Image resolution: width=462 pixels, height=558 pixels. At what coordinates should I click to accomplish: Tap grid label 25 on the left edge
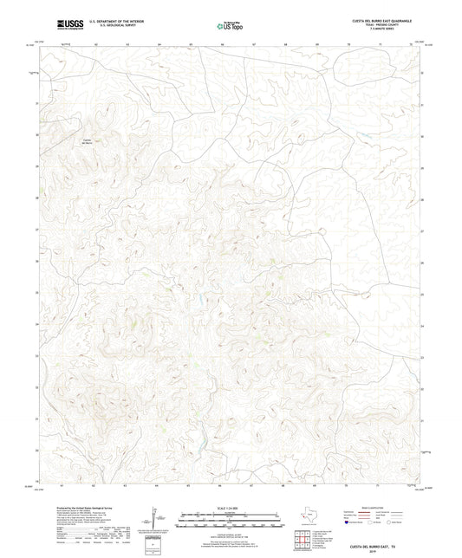[x=36, y=292]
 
